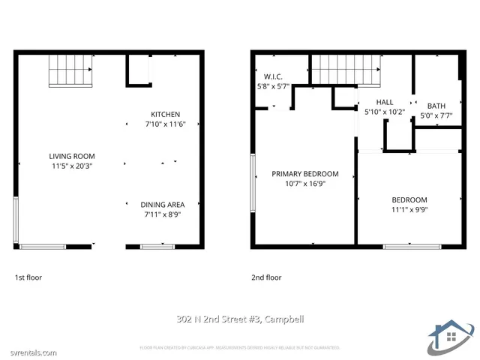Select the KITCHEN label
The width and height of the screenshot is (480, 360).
tap(165, 115)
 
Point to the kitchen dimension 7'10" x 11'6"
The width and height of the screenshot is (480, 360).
tap(165, 124)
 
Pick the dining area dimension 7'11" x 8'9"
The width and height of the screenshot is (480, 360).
tap(162, 214)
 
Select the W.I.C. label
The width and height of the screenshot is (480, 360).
tap(272, 76)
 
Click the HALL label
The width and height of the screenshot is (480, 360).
tap(384, 102)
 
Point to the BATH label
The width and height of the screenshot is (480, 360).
tap(436, 106)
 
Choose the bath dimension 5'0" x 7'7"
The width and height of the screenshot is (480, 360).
tap(436, 115)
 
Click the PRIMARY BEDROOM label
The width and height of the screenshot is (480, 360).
tap(304, 174)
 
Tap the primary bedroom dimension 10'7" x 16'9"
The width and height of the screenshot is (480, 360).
tap(304, 184)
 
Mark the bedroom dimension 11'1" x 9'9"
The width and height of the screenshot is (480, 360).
tap(409, 209)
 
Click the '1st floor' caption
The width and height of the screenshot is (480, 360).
tap(28, 277)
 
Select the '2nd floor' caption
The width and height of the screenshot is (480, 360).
tap(266, 277)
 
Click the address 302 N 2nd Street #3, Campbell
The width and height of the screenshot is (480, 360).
tap(240, 319)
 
